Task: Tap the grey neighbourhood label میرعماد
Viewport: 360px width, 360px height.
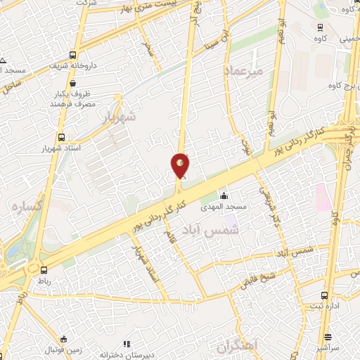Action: (243, 70)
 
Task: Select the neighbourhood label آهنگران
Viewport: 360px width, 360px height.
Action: (238, 346)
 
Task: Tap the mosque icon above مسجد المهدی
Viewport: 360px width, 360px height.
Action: (224, 195)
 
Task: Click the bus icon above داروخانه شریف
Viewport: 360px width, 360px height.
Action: (73, 53)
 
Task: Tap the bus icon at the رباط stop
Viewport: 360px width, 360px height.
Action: (44, 270)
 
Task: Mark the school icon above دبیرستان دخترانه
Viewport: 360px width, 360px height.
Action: (127, 344)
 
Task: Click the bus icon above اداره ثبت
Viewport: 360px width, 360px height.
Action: (323, 295)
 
